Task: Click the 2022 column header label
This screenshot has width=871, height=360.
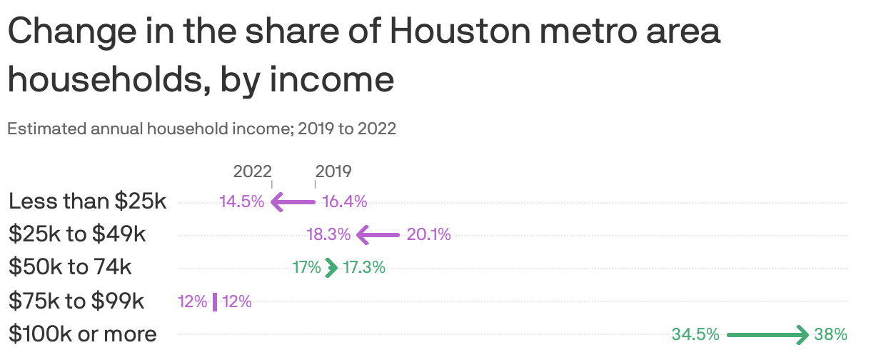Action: click(x=252, y=171)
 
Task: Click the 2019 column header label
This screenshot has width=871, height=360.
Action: click(x=333, y=171)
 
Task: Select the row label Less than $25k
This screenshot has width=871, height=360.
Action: click(x=87, y=202)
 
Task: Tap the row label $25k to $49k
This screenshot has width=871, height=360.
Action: click(x=77, y=234)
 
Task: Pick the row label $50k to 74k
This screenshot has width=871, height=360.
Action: click(x=70, y=267)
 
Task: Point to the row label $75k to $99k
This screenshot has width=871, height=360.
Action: click(x=76, y=301)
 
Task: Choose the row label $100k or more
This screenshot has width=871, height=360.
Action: click(x=82, y=334)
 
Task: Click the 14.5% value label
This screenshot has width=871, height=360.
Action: click(x=241, y=202)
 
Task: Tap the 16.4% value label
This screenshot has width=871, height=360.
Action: click(x=345, y=202)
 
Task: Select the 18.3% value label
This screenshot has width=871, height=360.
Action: click(x=328, y=234)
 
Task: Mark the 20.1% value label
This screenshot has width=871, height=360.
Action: click(x=429, y=234)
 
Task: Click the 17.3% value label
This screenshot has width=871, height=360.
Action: click(x=364, y=268)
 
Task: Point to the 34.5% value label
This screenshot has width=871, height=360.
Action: click(x=695, y=334)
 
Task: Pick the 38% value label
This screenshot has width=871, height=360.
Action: click(x=830, y=334)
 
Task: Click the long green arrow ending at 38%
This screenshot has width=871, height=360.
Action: click(x=768, y=334)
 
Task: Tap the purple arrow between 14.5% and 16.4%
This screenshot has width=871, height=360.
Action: click(x=293, y=202)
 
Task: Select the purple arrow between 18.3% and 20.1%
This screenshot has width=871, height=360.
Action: click(x=378, y=234)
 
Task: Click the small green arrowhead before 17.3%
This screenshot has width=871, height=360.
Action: click(x=331, y=268)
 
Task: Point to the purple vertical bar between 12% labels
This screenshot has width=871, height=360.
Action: click(x=214, y=301)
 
